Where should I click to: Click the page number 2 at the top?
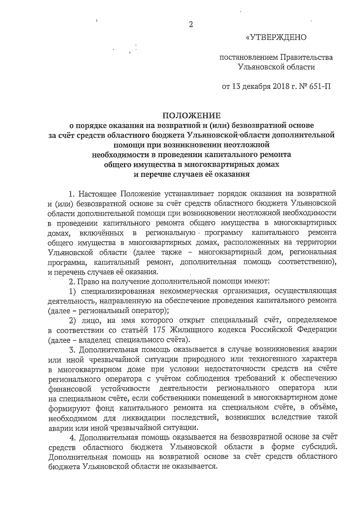coord(190,25)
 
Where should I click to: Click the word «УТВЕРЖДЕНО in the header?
coord(276,37)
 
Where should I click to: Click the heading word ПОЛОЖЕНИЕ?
coord(191,116)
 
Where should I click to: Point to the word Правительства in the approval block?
coord(306,57)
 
